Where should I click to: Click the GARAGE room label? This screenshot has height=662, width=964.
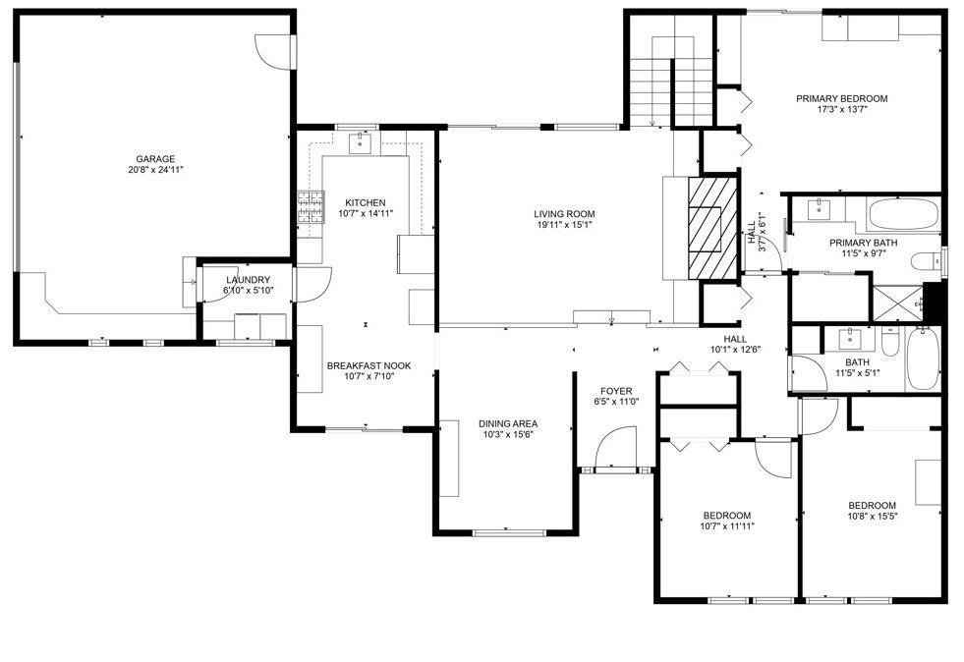click(x=155, y=158)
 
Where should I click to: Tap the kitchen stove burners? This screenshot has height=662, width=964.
click(x=312, y=207)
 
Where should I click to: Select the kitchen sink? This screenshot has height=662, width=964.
click(x=361, y=143)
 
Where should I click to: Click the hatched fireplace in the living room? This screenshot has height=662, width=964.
click(x=711, y=228)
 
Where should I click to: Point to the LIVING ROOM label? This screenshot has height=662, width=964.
click(x=564, y=214)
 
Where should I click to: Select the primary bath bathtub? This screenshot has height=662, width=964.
click(x=902, y=214)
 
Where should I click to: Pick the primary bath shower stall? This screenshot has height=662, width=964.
click(x=898, y=303)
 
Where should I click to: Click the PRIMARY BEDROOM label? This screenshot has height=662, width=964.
click(x=841, y=98)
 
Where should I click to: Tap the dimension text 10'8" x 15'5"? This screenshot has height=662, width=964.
click(x=873, y=517)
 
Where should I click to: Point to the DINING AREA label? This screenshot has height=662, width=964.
click(x=508, y=423)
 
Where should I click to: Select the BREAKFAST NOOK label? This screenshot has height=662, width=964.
click(x=369, y=365)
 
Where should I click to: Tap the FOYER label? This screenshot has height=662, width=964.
click(x=616, y=391)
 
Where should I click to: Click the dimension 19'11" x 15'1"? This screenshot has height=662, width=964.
click(x=564, y=225)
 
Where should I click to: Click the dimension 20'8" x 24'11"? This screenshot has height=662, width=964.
click(x=155, y=170)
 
